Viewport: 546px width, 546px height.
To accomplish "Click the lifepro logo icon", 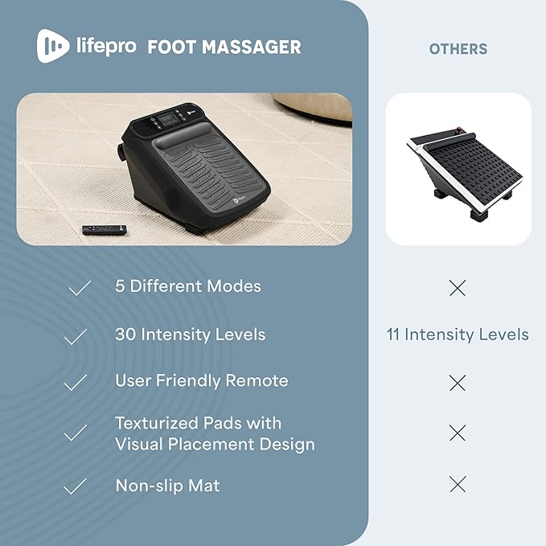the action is point(53,46).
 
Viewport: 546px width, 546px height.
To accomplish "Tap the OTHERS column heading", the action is point(458,49).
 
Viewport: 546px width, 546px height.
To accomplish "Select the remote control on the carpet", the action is point(105,230).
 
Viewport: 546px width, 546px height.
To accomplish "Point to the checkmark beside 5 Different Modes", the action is point(80,288).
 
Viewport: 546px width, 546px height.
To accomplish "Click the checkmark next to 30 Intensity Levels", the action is point(76,337).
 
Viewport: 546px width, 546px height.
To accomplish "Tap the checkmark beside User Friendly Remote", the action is point(76,382).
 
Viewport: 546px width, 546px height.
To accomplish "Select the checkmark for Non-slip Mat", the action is point(76,486).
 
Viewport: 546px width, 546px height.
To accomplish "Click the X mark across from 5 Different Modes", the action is point(458,288).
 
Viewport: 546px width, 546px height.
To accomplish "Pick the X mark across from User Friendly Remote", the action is point(458,383).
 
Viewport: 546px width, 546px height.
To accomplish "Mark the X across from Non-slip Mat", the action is point(458,484).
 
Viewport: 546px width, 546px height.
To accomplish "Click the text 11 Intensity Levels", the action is point(458,335).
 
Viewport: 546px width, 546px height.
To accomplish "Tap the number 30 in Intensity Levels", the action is point(125,335).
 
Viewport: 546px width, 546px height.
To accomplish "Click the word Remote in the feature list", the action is point(257,380).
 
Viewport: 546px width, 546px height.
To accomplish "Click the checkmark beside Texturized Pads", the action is point(76,433).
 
